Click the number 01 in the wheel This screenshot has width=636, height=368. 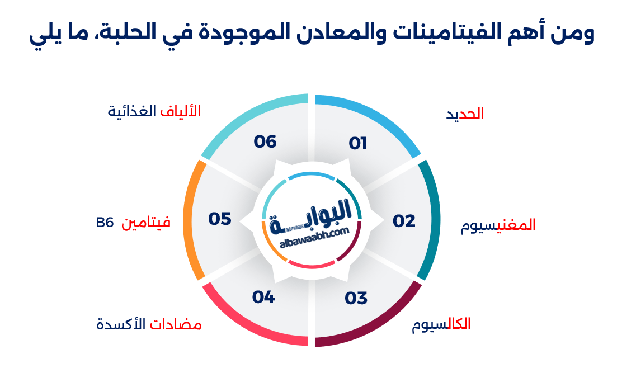tap(358, 144)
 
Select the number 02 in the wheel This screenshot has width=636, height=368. tap(404, 221)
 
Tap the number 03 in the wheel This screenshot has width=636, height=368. tap(356, 298)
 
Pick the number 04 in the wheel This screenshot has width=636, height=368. tap(263, 297)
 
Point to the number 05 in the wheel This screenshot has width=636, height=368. tap(220, 219)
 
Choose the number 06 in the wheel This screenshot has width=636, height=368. tap(265, 141)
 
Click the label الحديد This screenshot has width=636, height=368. tap(465, 114)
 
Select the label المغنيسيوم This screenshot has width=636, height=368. tap(498, 225)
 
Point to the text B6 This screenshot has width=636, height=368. tap(105, 223)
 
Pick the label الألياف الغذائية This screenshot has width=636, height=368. tap(154, 111)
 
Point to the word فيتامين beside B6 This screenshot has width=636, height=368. tap(147, 223)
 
